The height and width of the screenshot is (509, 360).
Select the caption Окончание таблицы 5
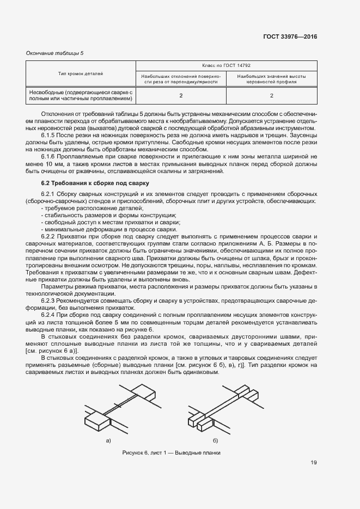coord(55,53)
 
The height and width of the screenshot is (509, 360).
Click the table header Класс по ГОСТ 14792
coord(226,65)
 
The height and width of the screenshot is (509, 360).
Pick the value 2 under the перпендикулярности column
coord(181,96)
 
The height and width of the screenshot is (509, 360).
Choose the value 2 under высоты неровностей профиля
coord(271,96)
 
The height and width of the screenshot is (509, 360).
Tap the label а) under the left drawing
coord(108,440)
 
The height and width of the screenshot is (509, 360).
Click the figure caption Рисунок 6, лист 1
coord(172,453)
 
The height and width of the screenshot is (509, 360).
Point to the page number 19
coord(314,463)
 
